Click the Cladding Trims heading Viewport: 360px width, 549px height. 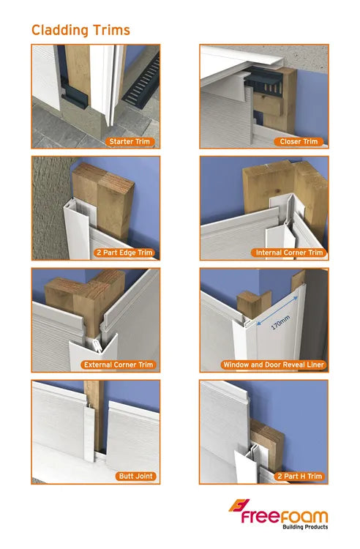point(80,30)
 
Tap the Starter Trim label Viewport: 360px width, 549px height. point(131,141)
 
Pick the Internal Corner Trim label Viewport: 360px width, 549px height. point(289,253)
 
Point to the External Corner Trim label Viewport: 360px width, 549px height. point(120,364)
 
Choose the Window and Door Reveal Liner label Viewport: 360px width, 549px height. point(274,364)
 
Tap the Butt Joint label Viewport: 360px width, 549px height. point(135,476)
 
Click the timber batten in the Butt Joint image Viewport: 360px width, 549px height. point(91,399)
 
